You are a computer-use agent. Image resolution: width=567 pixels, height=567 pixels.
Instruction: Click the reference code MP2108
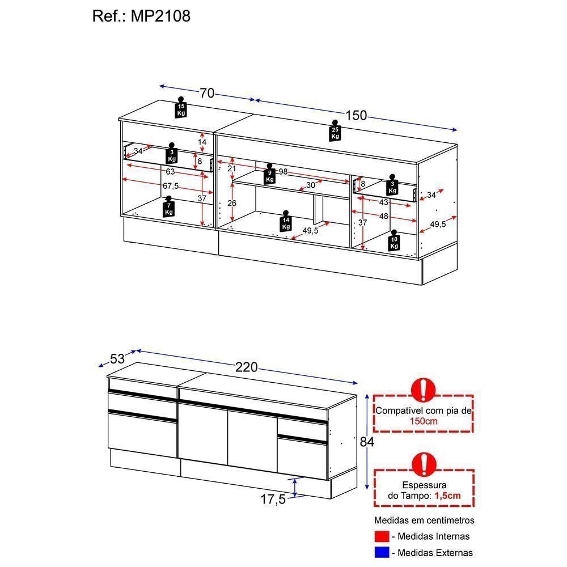[160, 16]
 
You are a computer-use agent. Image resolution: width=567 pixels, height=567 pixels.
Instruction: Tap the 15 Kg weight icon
[181, 107]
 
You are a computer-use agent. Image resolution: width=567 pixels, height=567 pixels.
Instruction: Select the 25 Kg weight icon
[335, 131]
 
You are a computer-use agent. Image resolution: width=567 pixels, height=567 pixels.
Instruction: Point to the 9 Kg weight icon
[269, 174]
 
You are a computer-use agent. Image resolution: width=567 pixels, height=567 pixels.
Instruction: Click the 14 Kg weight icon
[286, 221]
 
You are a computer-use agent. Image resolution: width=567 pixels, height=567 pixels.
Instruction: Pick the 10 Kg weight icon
[394, 240]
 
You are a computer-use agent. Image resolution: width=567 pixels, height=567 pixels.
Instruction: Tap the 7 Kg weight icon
[168, 207]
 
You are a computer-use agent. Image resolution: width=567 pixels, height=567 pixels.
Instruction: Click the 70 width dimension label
[207, 94]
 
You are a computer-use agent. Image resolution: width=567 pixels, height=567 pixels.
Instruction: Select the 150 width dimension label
[356, 115]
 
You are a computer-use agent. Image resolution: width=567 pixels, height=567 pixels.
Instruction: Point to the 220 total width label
[247, 367]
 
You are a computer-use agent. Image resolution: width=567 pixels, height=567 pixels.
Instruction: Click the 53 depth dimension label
[117, 359]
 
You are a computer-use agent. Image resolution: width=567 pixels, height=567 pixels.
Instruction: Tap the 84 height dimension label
[367, 442]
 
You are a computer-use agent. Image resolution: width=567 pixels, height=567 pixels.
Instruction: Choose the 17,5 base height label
[273, 500]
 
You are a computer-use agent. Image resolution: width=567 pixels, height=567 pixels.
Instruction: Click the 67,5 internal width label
[171, 186]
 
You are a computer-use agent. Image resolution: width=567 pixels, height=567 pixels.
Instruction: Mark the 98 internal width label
[283, 171]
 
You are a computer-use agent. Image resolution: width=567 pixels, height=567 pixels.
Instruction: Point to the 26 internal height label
[232, 203]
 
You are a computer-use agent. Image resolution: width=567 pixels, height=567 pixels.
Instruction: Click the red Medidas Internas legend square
[382, 536]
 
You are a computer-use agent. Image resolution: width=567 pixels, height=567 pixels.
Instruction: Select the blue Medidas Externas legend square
[382, 552]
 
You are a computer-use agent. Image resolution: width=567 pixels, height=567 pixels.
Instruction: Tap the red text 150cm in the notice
[424, 421]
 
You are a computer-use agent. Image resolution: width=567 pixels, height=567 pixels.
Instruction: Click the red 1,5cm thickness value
[448, 496]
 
